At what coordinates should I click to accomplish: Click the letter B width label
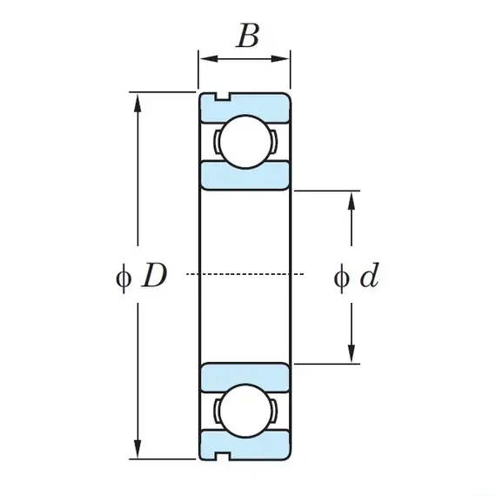[x=248, y=36]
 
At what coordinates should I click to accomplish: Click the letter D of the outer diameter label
[x=154, y=275]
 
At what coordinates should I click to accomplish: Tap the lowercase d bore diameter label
[x=370, y=275]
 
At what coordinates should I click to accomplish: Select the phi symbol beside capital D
[x=123, y=278]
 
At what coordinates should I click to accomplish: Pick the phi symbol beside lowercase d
[x=342, y=278]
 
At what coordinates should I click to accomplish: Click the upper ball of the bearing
[x=245, y=141]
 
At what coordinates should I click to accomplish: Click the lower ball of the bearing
[x=245, y=411]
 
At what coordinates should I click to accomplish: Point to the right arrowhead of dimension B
[x=280, y=58]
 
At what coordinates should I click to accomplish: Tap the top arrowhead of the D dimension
[x=137, y=102]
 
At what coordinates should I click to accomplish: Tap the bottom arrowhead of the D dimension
[x=137, y=449]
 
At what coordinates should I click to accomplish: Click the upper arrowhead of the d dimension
[x=352, y=201]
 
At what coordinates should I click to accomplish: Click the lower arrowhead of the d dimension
[x=352, y=353]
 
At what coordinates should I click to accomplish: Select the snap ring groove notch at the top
[x=223, y=97]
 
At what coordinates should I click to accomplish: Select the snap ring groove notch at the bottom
[x=223, y=456]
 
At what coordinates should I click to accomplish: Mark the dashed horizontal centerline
[x=245, y=274]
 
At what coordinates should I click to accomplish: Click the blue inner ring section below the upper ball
[x=245, y=176]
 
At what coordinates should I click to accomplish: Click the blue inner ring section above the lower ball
[x=245, y=378]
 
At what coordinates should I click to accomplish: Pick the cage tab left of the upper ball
[x=217, y=141]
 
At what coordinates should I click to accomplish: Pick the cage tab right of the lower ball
[x=274, y=411]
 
